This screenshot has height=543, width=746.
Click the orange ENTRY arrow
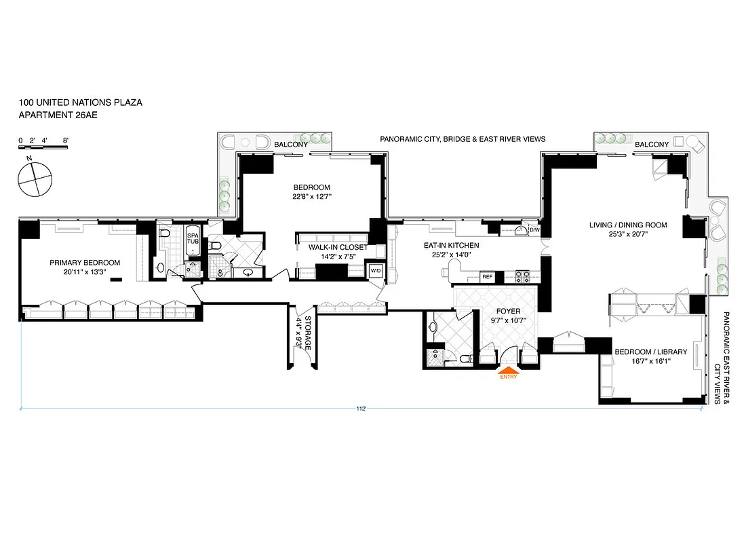508,371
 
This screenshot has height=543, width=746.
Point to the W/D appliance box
375,271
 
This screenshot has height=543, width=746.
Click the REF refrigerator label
486,277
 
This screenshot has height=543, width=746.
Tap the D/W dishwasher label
534,230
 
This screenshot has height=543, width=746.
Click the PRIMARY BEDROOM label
85,263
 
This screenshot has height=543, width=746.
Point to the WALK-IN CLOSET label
338,247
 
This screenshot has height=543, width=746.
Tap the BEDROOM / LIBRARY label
650,352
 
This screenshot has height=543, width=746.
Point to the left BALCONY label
291,145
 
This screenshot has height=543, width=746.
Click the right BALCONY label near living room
652,145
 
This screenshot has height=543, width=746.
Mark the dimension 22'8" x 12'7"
311,197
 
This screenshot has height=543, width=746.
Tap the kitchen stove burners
523,276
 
